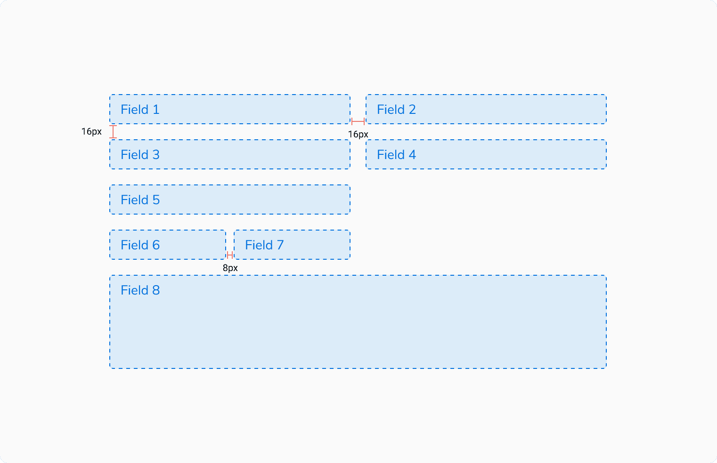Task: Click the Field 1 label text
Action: point(140,110)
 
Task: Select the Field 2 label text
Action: point(396,110)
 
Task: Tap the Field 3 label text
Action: point(140,155)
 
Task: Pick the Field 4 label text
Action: point(396,155)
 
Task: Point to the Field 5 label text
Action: point(140,200)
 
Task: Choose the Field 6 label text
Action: point(140,245)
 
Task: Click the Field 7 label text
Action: point(264,245)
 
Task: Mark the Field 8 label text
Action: point(140,290)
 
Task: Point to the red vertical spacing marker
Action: point(113,132)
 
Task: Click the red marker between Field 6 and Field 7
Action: point(230,255)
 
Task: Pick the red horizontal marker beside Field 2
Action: point(358,121)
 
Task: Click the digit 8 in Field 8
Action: point(156,290)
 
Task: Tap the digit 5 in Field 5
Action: point(156,200)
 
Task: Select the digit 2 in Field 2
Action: point(412,110)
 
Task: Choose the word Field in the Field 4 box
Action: point(391,155)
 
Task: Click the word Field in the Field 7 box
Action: point(259,245)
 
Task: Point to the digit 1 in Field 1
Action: point(156,110)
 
